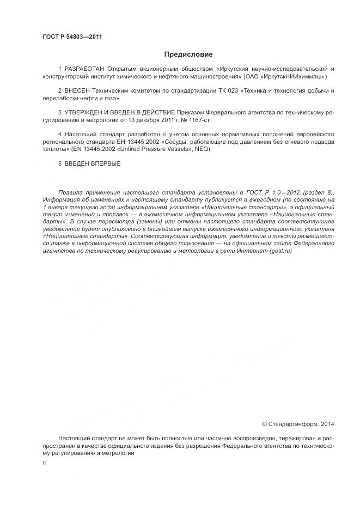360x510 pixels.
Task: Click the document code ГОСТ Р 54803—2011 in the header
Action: coord(72,37)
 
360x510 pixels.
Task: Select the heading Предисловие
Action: coord(188,54)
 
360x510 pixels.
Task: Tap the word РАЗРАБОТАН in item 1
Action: coord(84,69)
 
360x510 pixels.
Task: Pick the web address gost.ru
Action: coord(280,251)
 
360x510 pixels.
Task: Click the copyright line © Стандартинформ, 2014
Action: coord(298,424)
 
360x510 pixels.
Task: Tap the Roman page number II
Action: coord(44,462)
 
